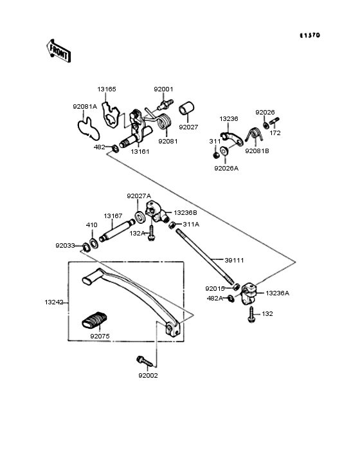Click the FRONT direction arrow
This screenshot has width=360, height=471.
pyautogui.click(x=59, y=51)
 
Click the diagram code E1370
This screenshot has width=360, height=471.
pyautogui.click(x=310, y=35)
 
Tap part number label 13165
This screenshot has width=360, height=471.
pyautogui.click(x=107, y=89)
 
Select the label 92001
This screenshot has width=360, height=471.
pyautogui.click(x=163, y=89)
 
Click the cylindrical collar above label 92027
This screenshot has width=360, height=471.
pyautogui.click(x=186, y=109)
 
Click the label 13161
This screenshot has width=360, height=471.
pyautogui.click(x=139, y=152)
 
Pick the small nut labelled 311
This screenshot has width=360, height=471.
pyautogui.click(x=215, y=156)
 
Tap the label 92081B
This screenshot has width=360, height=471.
pyautogui.click(x=257, y=151)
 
